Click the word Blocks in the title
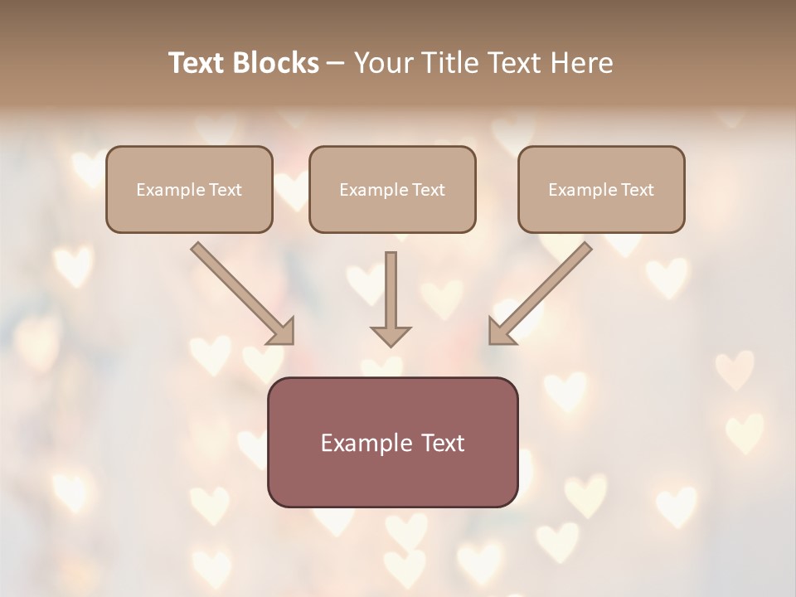(276, 63)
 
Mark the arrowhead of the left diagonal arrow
(282, 332)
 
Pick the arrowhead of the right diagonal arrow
(500, 332)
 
